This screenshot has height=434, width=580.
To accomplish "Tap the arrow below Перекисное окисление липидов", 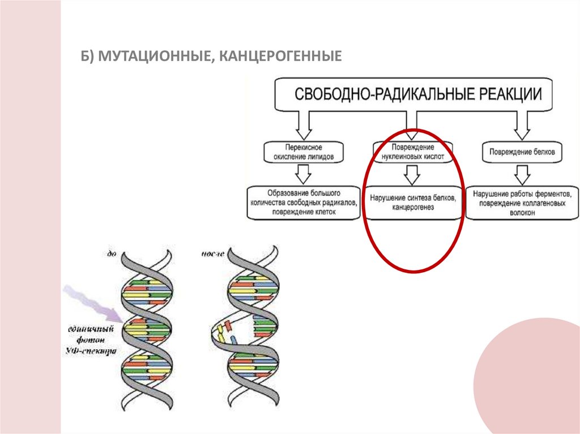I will coord(304,172).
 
